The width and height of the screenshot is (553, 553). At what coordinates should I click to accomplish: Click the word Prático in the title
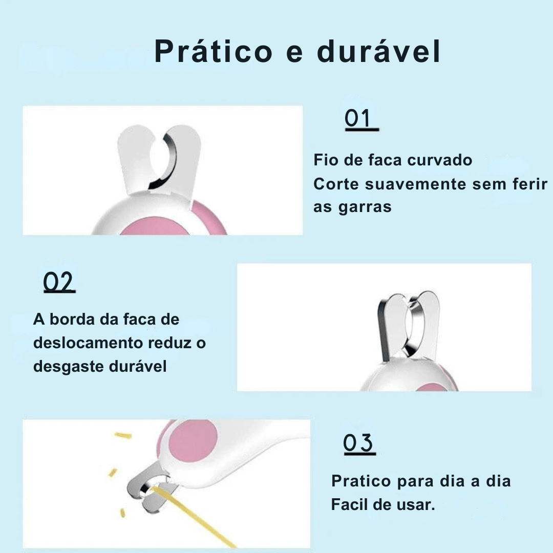tap(214, 52)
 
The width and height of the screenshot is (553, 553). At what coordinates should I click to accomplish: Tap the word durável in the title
tap(379, 51)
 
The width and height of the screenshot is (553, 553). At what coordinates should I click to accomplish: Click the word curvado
tap(440, 160)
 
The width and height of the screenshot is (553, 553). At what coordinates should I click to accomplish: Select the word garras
tap(365, 207)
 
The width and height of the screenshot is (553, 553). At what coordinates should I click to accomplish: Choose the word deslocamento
tap(88, 343)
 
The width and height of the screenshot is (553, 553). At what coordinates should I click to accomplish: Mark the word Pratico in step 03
tap(361, 481)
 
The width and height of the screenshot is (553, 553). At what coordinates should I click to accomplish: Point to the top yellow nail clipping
tap(123, 436)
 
